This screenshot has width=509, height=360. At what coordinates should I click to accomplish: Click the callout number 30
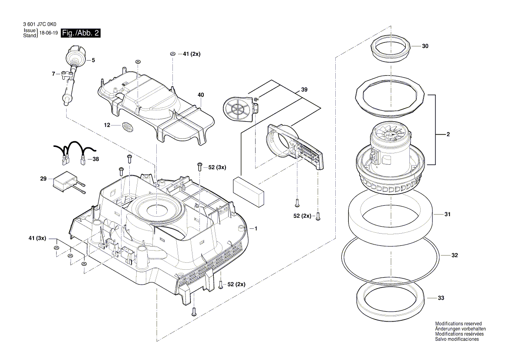click(425, 46)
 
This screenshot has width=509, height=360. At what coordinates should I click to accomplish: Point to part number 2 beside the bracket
click(448, 135)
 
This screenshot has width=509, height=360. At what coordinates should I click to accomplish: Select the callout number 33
click(441, 299)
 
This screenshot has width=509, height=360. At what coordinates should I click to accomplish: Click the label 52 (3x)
click(218, 167)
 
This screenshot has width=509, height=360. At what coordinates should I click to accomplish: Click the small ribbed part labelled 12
click(127, 127)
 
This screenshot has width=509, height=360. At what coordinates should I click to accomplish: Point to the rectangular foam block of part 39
click(249, 191)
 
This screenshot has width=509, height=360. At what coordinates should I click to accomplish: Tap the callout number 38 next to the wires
click(95, 160)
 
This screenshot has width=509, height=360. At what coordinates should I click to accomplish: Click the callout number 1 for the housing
click(256, 228)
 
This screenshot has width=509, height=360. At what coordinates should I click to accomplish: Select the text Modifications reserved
click(458, 323)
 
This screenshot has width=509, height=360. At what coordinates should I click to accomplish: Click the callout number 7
click(54, 74)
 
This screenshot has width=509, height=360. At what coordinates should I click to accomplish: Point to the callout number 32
click(455, 256)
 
